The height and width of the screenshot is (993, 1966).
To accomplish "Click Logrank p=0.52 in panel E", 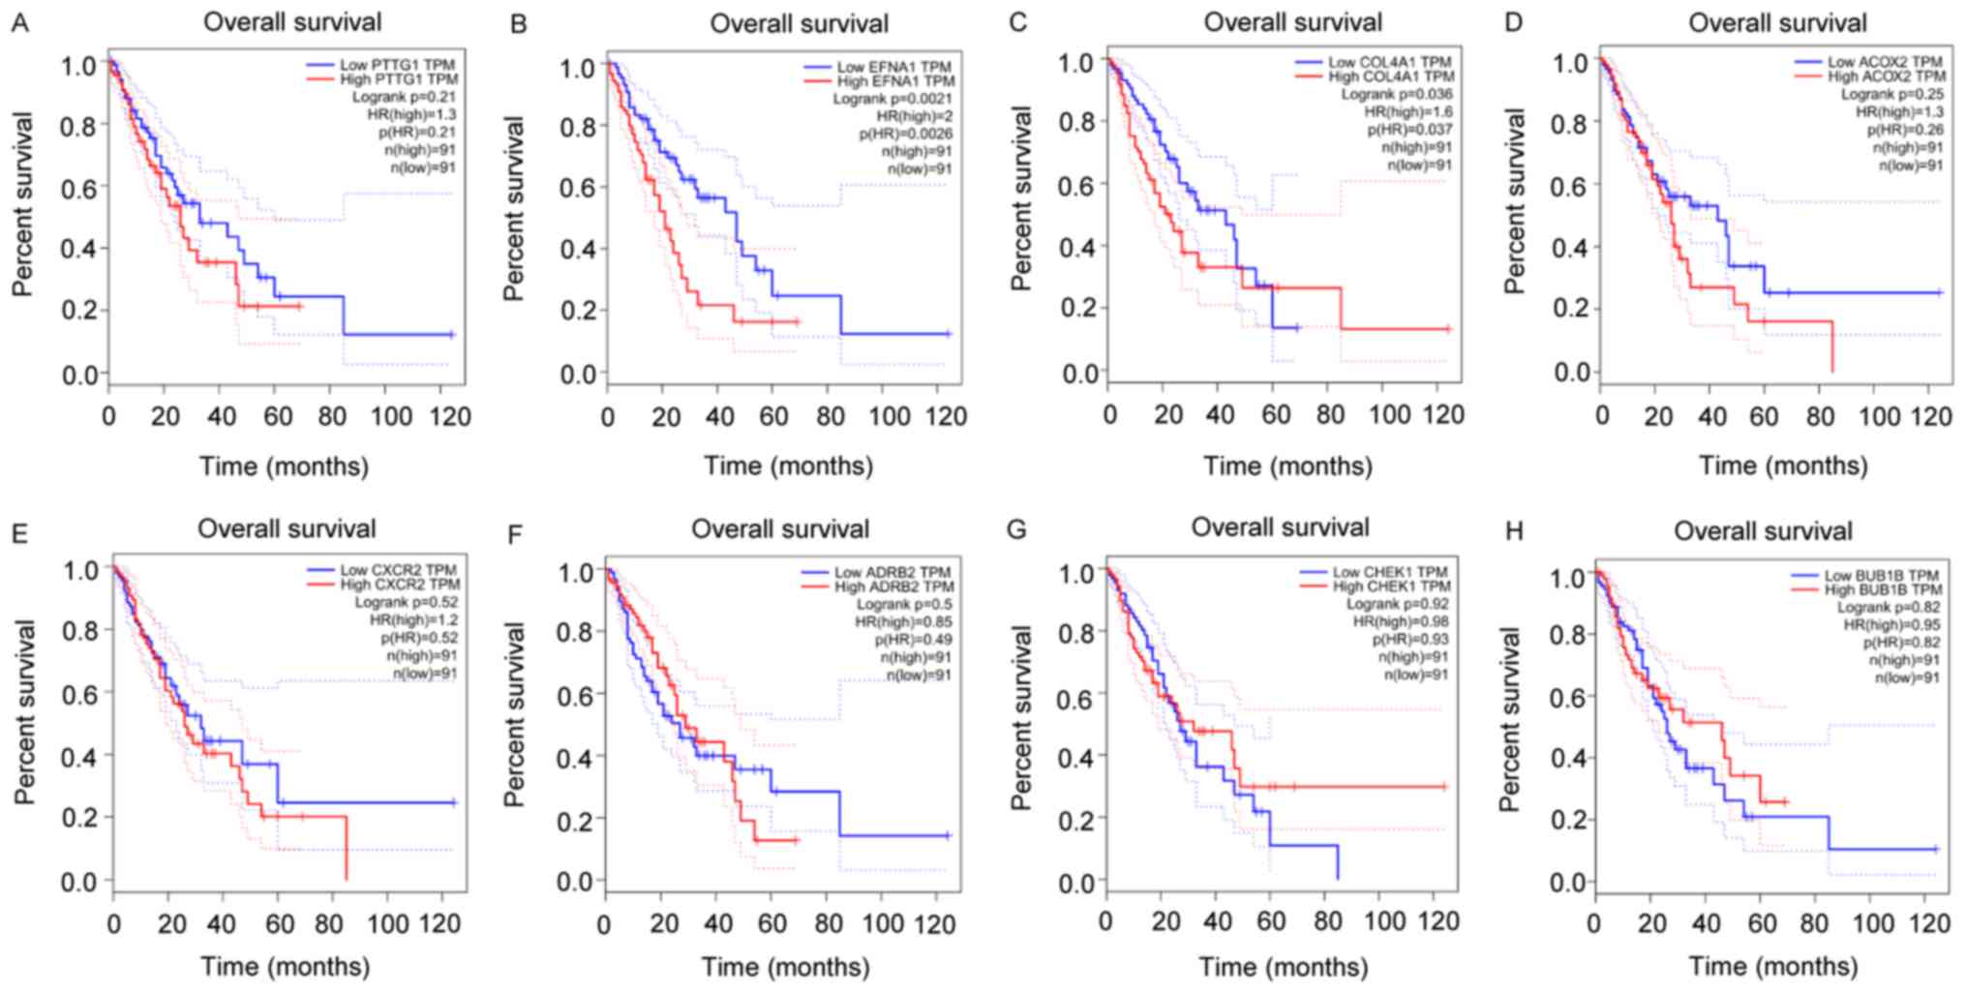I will (406, 603).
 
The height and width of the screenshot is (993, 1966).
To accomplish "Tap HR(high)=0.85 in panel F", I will (903, 622).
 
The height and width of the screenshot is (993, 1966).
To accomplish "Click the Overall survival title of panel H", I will (1763, 531).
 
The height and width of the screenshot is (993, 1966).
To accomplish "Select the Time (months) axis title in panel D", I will (1783, 466).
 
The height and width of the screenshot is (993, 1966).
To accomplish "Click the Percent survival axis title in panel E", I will (24, 711).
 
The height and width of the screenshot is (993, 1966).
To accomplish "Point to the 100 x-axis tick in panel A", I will (384, 417).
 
